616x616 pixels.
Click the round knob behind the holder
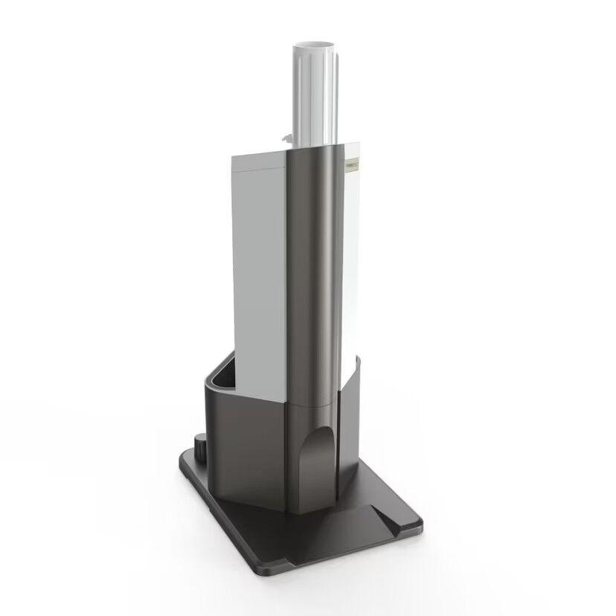point(201,447)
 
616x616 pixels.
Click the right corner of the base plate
point(418,524)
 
